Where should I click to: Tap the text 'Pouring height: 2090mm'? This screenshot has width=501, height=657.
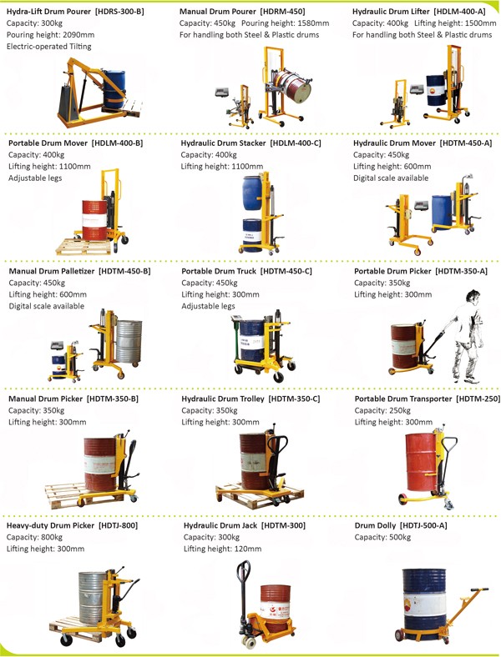50,35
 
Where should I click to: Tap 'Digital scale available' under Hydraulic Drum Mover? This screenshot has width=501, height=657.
391,178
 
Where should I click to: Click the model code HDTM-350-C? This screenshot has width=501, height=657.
294,399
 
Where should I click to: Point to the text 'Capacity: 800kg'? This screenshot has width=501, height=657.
35,538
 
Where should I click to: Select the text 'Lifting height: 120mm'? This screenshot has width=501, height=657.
222,549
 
